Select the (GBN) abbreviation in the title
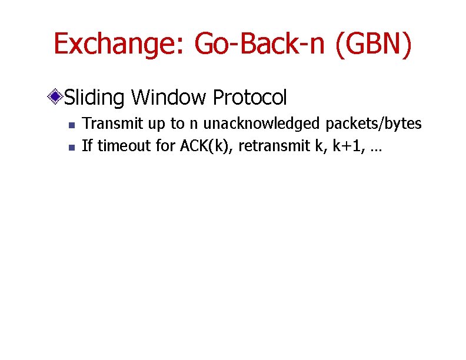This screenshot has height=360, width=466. click(x=374, y=44)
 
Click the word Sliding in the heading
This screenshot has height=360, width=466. click(x=95, y=97)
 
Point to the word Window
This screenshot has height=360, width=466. click(x=168, y=97)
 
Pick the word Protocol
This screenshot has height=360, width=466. click(x=249, y=97)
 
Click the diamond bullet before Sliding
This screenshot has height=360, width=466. click(x=56, y=96)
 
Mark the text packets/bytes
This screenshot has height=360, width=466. click(x=373, y=124)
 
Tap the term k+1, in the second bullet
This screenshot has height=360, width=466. click(x=349, y=145)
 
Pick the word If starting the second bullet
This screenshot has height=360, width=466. click(x=87, y=145)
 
